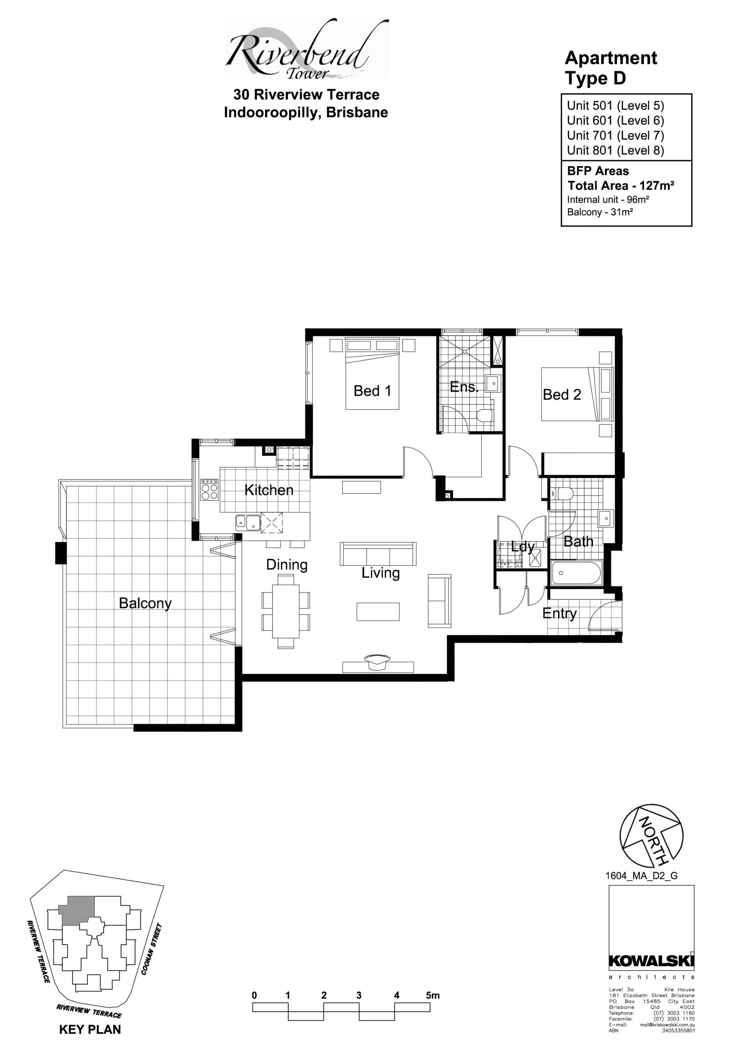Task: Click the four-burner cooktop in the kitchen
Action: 209,490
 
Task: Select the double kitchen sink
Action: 248,522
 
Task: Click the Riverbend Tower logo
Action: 307,49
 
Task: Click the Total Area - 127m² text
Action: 621,185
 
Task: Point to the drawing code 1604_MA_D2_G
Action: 641,875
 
